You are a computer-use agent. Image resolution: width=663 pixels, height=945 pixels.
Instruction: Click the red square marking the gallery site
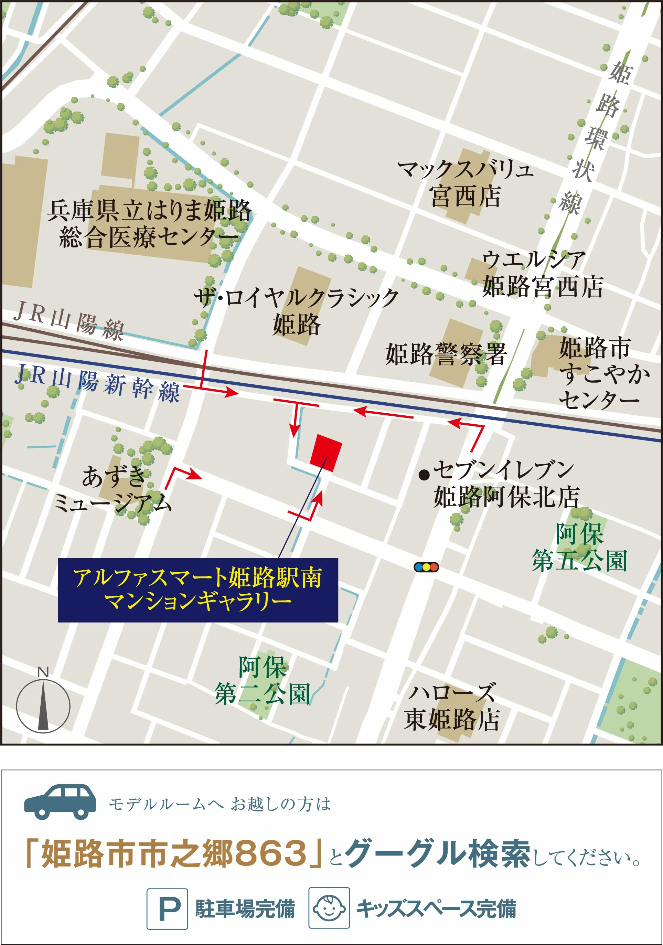pos(326,453)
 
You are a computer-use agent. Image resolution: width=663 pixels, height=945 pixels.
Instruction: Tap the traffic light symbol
pos(426,567)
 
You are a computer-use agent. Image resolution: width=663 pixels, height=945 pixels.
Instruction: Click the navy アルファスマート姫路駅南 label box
pos(198,590)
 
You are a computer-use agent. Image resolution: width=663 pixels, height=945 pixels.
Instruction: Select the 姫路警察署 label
pos(446,354)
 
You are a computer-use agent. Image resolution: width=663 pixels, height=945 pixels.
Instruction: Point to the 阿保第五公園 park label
pos(579,548)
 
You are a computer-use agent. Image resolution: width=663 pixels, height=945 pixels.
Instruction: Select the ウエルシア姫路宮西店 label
pos(543,274)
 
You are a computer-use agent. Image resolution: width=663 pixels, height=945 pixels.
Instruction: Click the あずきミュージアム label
pos(113,490)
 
